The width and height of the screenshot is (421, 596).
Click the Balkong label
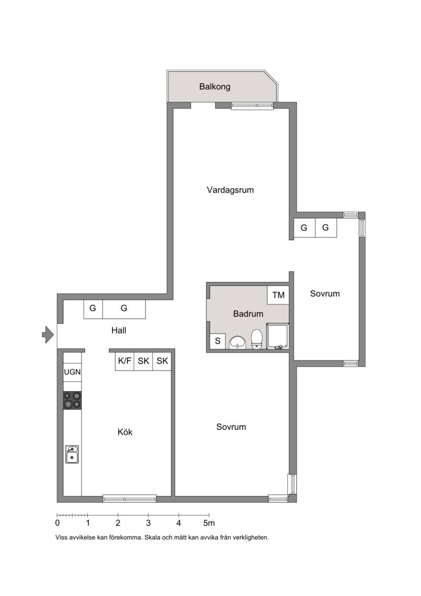click(215, 86)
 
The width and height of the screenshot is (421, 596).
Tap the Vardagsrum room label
click(230, 190)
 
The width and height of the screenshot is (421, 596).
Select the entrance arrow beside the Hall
click(47, 335)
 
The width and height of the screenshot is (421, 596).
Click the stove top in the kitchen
click(72, 400)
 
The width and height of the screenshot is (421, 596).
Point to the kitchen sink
click(72, 454)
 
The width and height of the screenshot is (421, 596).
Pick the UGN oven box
click(72, 372)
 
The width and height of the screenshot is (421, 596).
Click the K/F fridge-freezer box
click(125, 361)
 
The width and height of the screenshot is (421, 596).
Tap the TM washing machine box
click(278, 295)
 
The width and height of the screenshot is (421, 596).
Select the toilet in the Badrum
click(257, 338)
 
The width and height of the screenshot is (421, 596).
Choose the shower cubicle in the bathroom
click(278, 336)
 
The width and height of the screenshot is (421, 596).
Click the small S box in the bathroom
click(217, 341)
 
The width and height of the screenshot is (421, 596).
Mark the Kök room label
click(125, 432)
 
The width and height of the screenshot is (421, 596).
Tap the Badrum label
click(248, 314)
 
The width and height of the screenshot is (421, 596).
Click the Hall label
click(119, 331)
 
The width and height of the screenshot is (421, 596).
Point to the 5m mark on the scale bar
click(209, 523)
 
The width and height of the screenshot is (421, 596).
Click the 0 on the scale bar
click(57, 523)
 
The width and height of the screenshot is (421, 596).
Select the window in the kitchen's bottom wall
click(129, 499)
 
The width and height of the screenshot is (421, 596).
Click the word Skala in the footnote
click(153, 538)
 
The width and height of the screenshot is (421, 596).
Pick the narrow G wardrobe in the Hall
click(93, 309)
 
